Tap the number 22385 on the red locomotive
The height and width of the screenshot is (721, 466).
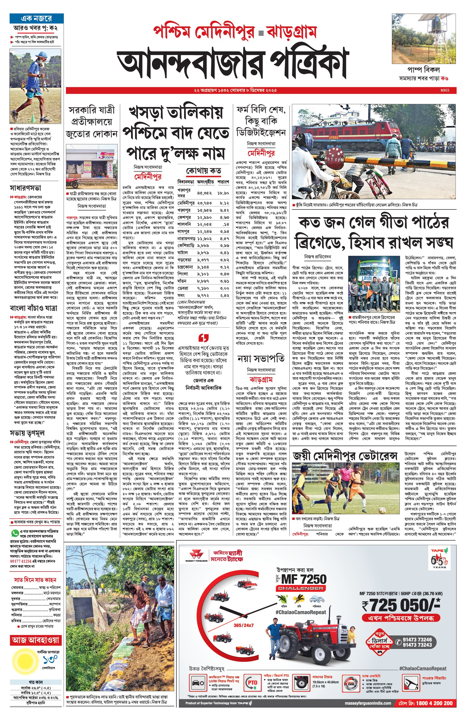pyautogui.click(x=334, y=138)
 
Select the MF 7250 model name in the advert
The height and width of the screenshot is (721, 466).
pyautogui.click(x=303, y=579)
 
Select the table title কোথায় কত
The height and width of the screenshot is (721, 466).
pyautogui.click(x=203, y=171)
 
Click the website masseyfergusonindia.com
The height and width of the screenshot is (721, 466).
pyautogui.click(x=368, y=703)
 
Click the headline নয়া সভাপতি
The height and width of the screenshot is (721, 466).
pyautogui.click(x=261, y=359)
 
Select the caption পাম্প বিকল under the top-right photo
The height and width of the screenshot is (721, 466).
pyautogui.click(x=423, y=69)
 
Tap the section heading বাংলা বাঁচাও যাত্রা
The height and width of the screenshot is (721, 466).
pyautogui.click(x=33, y=308)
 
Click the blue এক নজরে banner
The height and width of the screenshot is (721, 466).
pyautogui.click(x=37, y=19)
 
